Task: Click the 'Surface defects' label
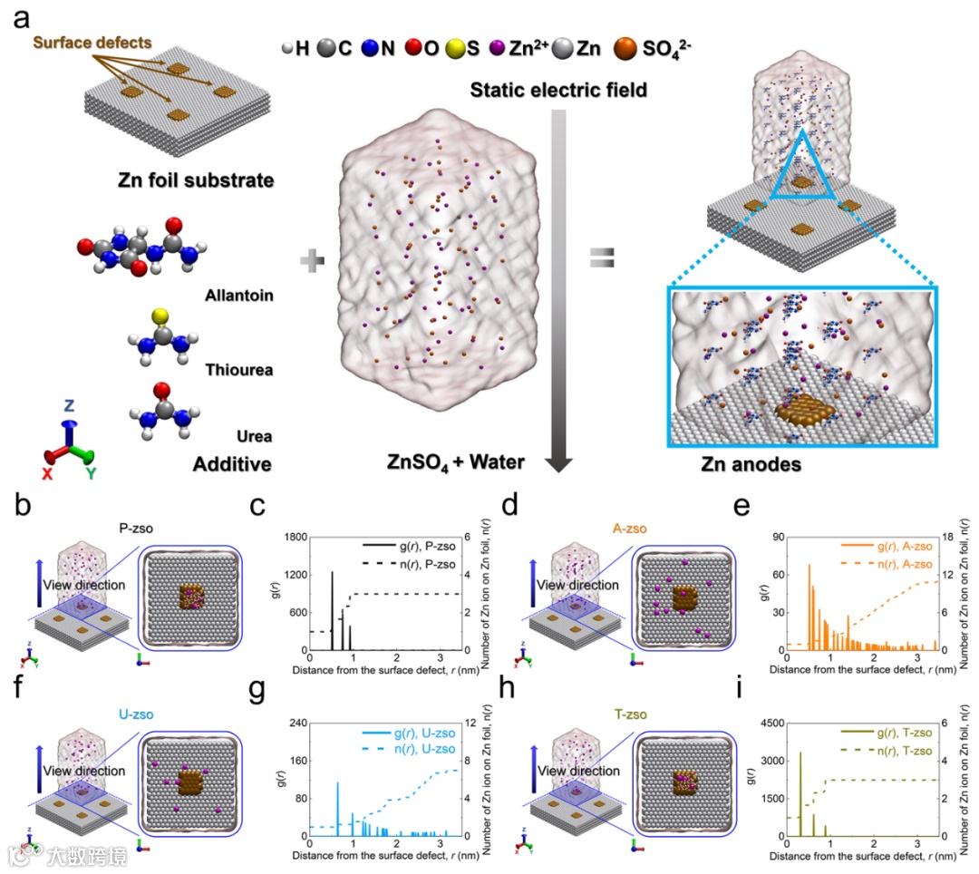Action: click(x=92, y=42)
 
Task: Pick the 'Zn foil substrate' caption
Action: click(x=194, y=180)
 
